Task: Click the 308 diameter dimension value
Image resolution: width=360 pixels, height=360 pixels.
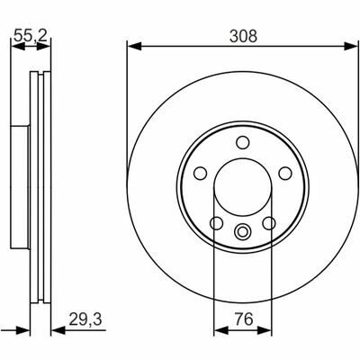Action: click(x=243, y=37)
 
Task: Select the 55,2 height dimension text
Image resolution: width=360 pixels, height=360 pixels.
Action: click(x=31, y=36)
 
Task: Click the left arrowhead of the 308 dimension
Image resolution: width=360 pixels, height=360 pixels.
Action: click(x=134, y=46)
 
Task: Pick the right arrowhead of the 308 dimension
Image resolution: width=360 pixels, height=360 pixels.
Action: click(x=351, y=46)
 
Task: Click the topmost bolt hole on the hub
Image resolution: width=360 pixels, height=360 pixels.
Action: click(x=242, y=142)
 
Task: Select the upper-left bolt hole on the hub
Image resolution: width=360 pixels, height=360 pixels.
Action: click(x=200, y=174)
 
